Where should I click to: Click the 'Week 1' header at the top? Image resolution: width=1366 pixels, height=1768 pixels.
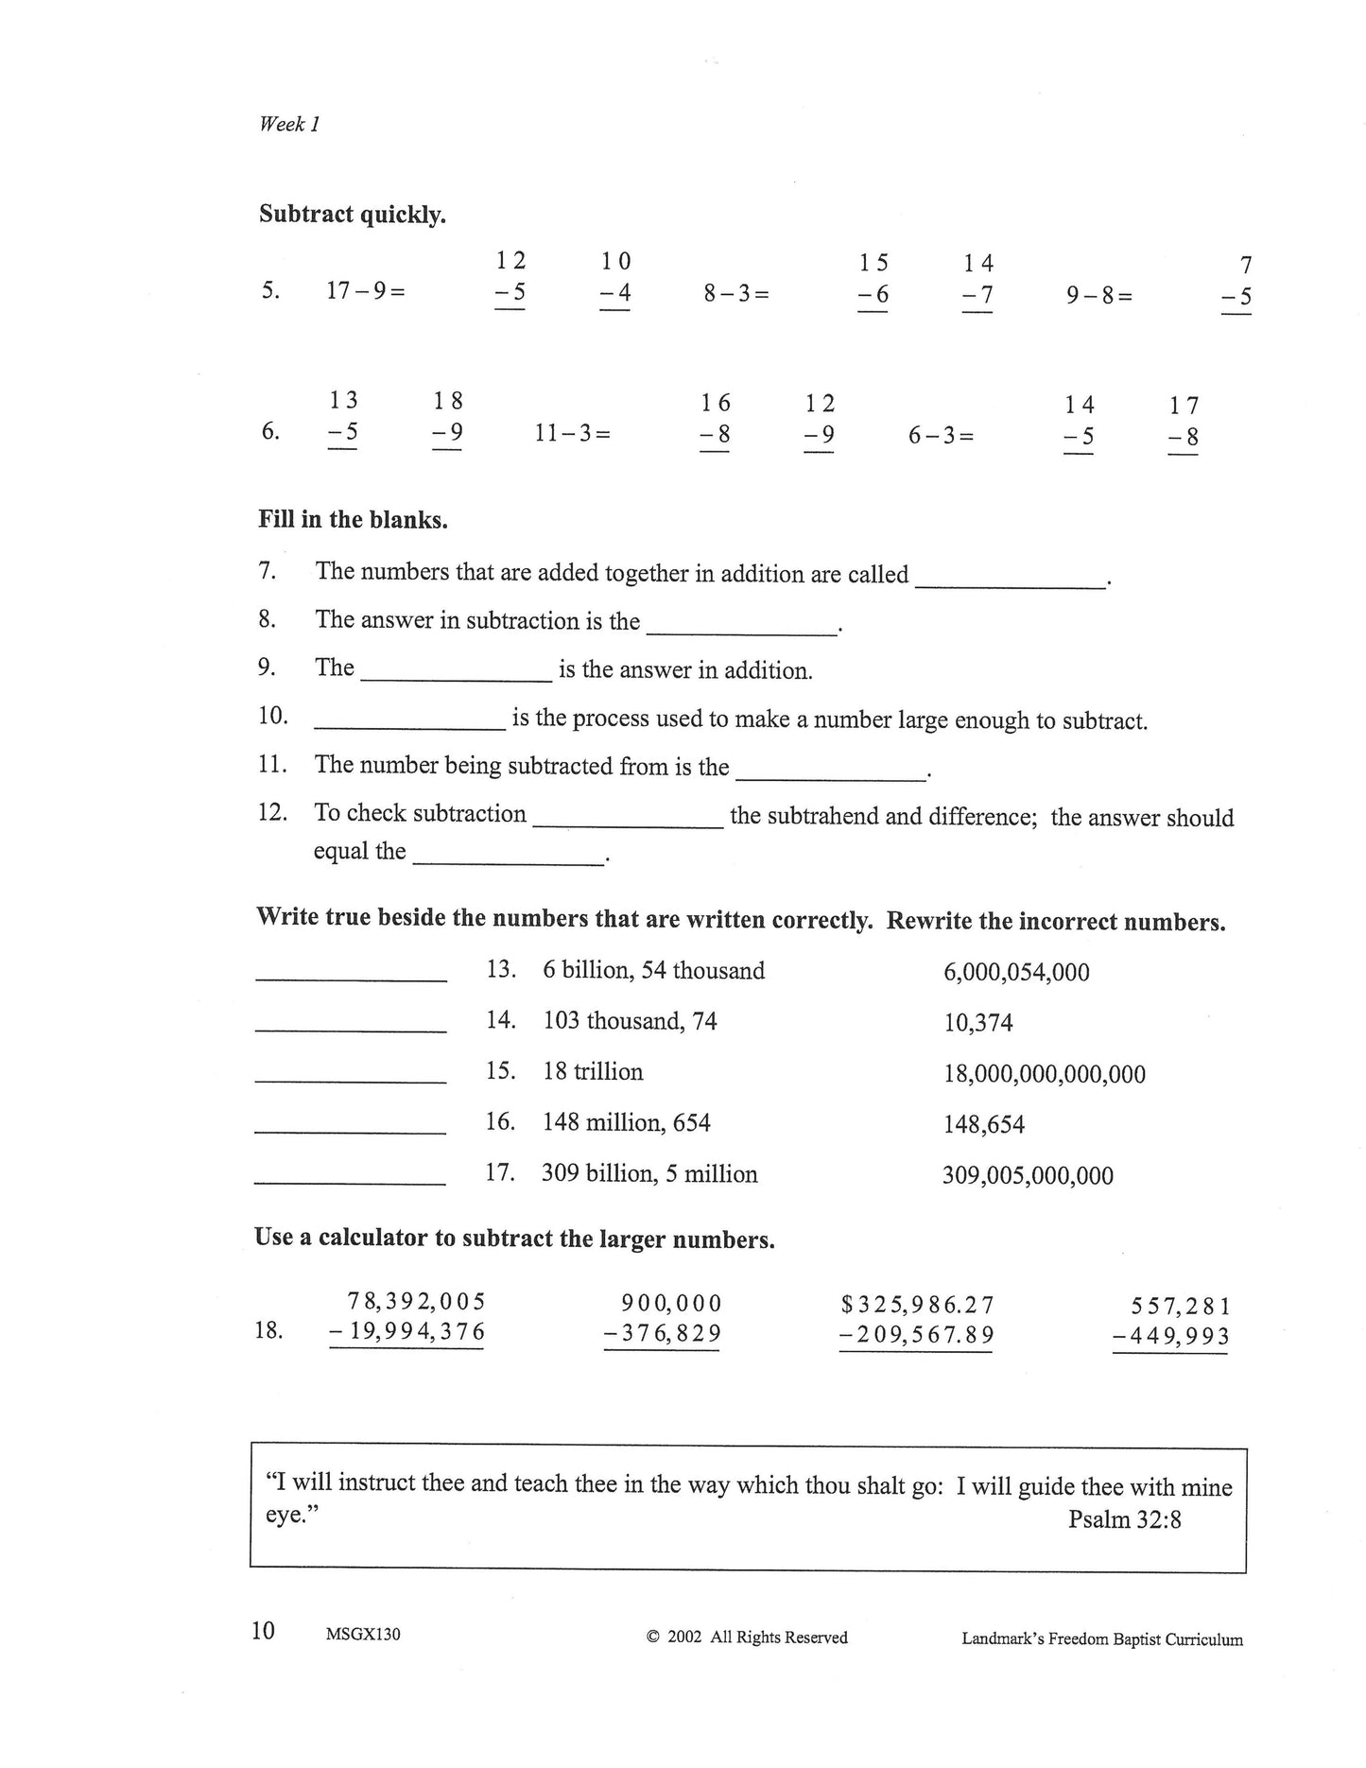coord(289,124)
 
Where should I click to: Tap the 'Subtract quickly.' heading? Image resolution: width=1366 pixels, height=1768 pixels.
coord(352,215)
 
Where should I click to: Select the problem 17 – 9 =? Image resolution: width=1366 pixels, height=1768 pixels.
coord(366,291)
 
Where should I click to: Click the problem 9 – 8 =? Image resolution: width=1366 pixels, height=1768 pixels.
coord(1099,296)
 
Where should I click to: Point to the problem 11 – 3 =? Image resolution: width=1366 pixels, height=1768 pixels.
coord(573,434)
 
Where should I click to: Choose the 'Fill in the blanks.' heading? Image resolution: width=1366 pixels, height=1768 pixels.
coord(353,519)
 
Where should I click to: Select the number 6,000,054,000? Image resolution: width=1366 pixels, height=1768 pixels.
coord(1016,972)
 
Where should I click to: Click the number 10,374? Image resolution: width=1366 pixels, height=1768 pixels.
coord(977,1023)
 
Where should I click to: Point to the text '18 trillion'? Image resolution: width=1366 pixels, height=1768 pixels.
coord(593,1071)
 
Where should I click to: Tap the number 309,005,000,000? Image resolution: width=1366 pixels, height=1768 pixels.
coord(1028,1176)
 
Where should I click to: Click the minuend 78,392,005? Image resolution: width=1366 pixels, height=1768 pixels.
coord(416,1302)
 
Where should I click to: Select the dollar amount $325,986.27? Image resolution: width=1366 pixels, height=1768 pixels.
coord(917,1306)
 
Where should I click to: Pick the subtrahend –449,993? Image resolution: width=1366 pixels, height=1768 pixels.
coord(1171,1336)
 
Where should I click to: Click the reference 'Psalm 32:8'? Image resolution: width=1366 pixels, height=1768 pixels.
coord(1124,1519)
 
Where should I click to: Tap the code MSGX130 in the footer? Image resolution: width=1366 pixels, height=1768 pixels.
coord(362,1634)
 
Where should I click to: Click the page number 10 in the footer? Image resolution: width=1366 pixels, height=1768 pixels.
coord(263,1631)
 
